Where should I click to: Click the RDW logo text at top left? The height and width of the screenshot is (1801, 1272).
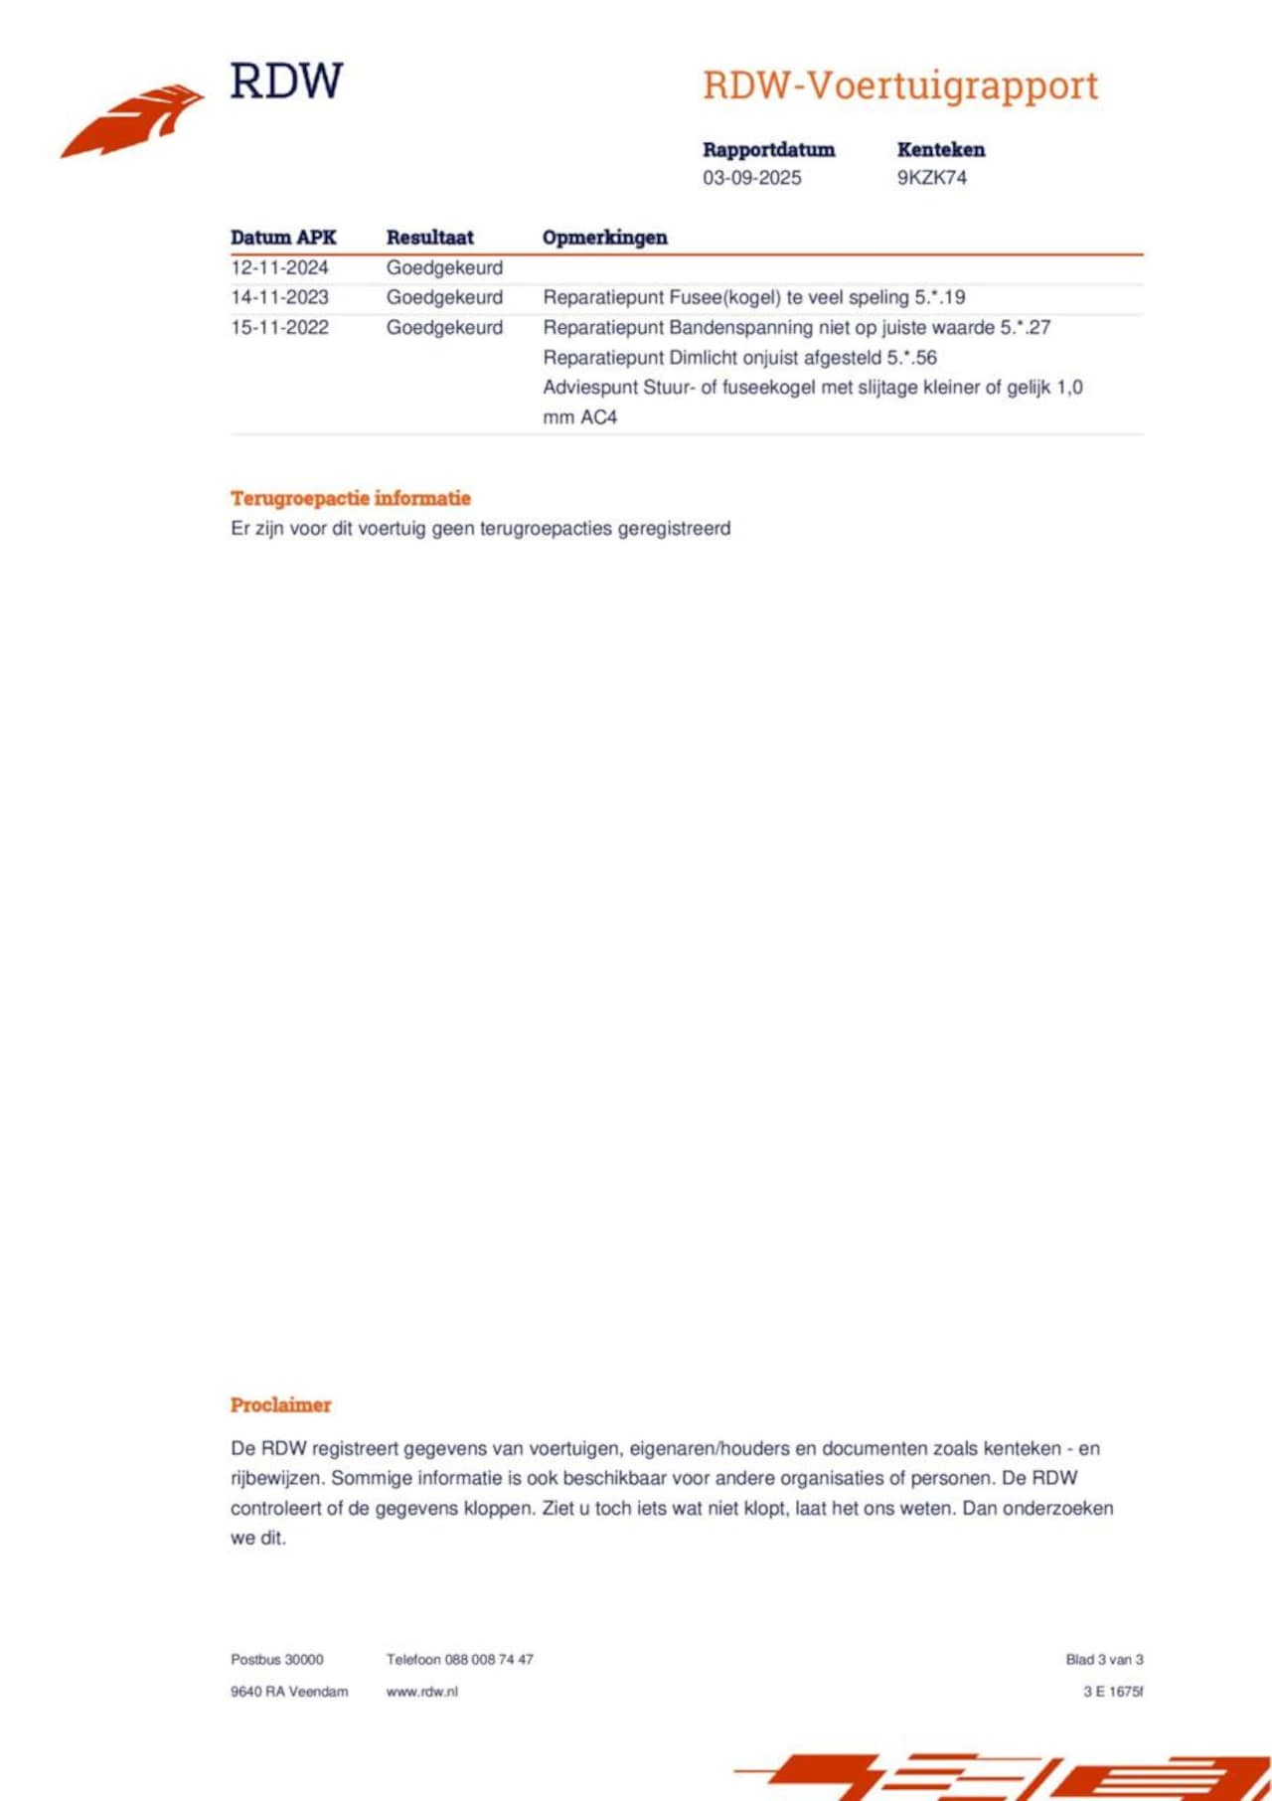286,82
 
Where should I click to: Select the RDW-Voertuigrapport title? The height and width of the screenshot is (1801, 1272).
899,85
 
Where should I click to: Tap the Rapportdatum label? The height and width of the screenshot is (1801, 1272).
768,150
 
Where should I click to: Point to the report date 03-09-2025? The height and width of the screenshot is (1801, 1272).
751,178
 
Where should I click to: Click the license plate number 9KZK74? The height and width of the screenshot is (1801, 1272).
931,178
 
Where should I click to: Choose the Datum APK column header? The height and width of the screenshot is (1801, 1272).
283,238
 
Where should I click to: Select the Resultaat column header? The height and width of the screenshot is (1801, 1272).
429,238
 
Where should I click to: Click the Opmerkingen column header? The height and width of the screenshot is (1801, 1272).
604,238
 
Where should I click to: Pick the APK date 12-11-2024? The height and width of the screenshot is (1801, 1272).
279,267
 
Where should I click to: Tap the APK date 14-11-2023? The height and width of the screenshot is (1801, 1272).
279,297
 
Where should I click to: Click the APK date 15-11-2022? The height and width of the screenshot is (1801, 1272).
279,327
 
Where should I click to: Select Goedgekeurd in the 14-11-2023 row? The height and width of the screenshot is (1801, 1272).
444,297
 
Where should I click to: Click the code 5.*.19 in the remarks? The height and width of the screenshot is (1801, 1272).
939,297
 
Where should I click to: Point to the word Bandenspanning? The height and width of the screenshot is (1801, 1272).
741,327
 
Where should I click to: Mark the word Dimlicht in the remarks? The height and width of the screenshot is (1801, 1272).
703,358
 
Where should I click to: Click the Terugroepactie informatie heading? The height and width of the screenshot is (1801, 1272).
350,498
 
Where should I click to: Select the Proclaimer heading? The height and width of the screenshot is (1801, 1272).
280,1404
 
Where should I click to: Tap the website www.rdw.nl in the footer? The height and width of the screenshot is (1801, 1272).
421,1691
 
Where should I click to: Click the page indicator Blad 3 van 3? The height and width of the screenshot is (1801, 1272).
1104,1659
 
